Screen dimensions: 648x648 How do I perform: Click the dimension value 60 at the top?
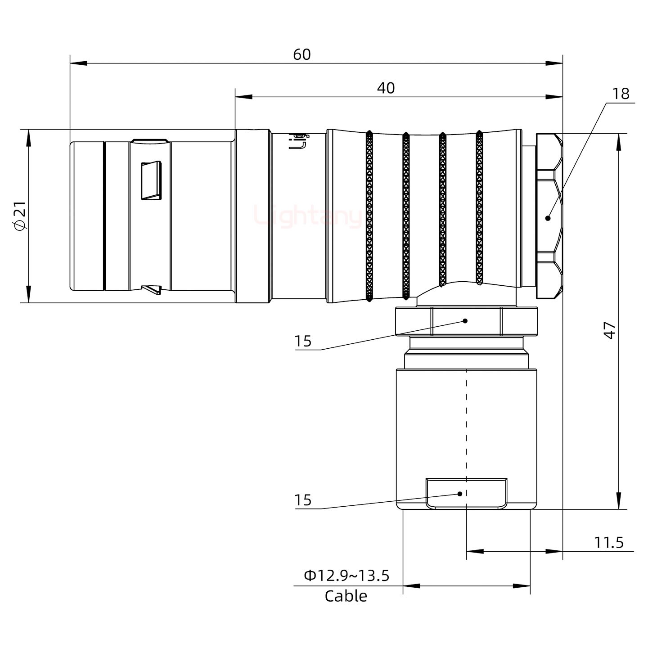click(x=301, y=54)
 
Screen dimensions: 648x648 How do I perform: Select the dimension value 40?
click(x=386, y=88)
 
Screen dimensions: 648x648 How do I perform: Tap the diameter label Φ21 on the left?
click(x=21, y=216)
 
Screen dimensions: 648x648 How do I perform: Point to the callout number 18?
click(x=621, y=94)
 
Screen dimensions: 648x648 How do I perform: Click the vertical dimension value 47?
click(x=609, y=330)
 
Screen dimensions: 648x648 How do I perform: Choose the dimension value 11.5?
click(x=609, y=542)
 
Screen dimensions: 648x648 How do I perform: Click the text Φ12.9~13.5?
click(x=346, y=575)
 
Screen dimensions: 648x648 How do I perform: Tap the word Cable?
click(x=346, y=596)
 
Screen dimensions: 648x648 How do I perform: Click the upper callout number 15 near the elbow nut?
click(x=303, y=341)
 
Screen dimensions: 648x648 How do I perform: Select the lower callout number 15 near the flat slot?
click(x=303, y=500)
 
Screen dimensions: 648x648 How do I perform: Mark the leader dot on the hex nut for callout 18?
click(x=548, y=218)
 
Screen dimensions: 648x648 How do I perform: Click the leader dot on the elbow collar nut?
click(x=465, y=321)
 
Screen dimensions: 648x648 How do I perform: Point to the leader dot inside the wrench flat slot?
click(x=460, y=494)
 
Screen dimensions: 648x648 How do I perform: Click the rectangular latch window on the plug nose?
click(x=151, y=180)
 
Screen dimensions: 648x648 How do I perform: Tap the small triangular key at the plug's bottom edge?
click(x=152, y=290)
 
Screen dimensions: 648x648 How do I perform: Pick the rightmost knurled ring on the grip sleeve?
click(x=479, y=208)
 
